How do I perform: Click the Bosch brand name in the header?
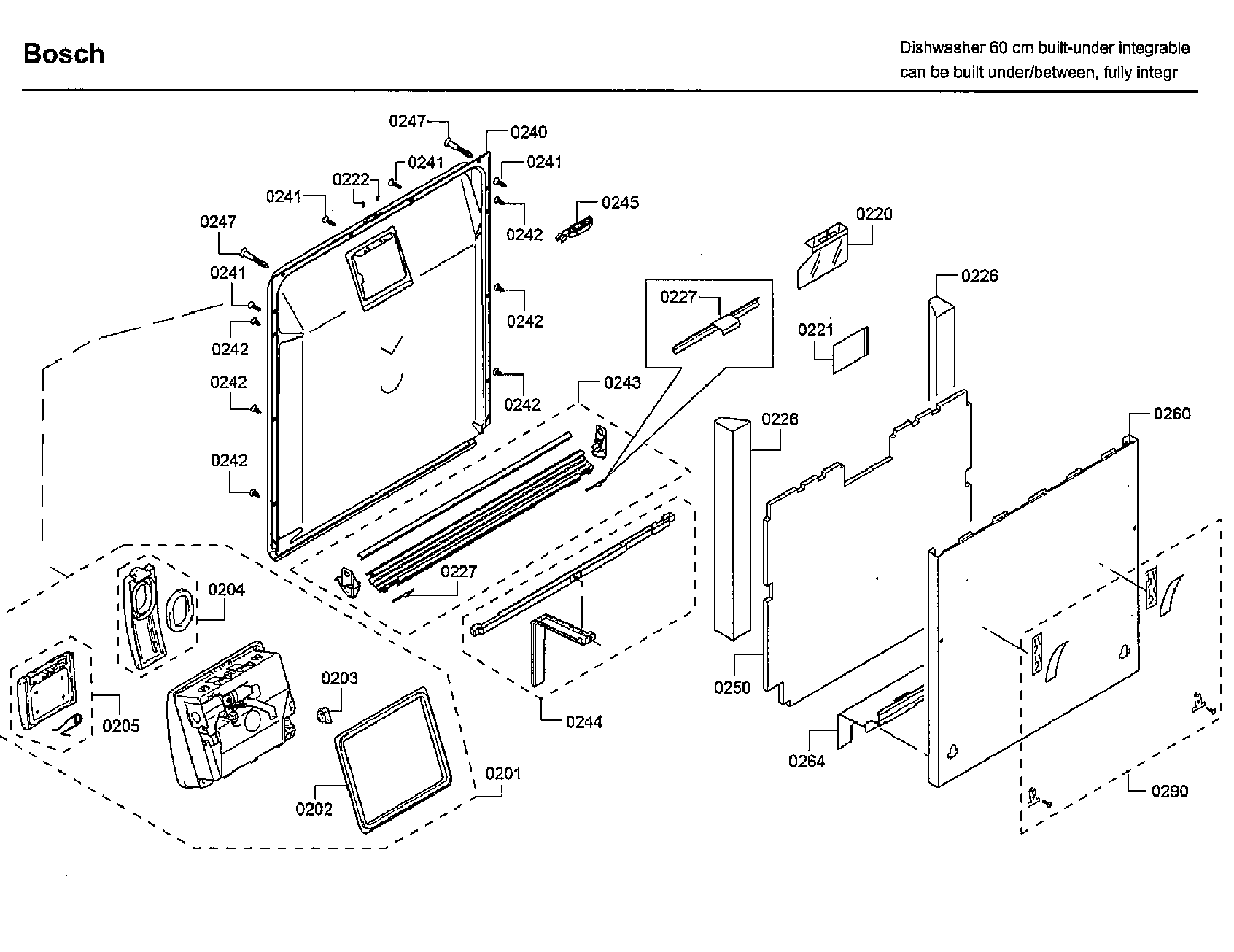tap(63, 54)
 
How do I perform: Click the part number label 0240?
tap(529, 132)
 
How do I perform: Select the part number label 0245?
tap(620, 203)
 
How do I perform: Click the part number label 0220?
tap(874, 214)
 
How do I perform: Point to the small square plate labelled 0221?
tap(852, 349)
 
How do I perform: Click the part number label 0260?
tap(1172, 414)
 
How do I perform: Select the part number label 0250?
tap(732, 687)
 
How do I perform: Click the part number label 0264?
tap(807, 761)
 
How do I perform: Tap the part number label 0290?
tap(1170, 791)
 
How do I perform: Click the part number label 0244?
tap(584, 721)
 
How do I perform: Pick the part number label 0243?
tap(622, 383)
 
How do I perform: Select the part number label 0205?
tap(121, 725)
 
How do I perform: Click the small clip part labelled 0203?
tap(324, 713)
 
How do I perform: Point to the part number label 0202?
tap(314, 808)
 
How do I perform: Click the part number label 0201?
tap(503, 773)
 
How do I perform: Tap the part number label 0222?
tap(351, 179)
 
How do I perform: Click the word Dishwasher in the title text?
tap(942, 48)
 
